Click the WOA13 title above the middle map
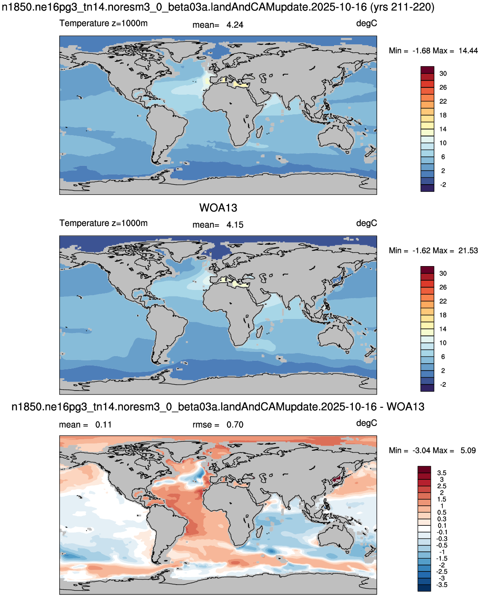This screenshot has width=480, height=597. pos(218,208)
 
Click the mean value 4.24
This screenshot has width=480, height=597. pos(235,25)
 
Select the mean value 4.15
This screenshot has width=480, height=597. pos(235,225)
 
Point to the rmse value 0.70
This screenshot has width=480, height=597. pos(235,425)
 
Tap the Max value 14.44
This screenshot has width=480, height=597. pos(468,51)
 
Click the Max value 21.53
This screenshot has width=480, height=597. pos(468,250)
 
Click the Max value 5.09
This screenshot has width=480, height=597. pos(468,450)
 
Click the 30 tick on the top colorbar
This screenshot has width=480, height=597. pos(443,73)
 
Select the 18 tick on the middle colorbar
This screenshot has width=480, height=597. pos(443,315)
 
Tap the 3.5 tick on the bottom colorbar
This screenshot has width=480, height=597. pos(442,473)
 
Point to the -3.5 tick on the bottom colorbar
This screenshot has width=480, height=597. pos(442,585)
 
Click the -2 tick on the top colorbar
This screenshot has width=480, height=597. pos(443,185)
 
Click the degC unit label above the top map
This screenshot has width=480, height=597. pos(367,23)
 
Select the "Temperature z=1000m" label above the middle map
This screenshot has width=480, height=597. pos(103,223)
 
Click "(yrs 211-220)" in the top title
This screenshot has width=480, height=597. pos(402,7)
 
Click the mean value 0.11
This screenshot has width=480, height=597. pos(103,425)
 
